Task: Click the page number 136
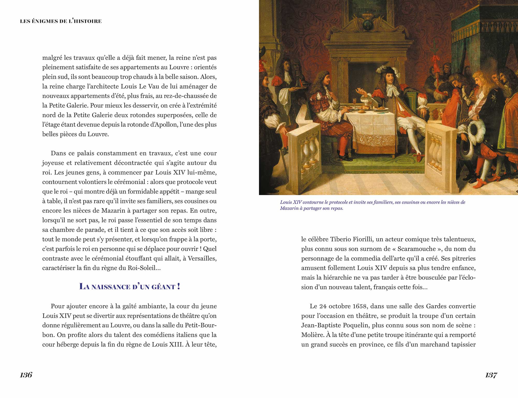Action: (26, 375)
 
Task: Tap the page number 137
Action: (491, 375)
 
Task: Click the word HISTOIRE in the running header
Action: (88, 21)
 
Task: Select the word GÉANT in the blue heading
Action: (163, 287)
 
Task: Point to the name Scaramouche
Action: (416, 249)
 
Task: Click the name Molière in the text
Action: (312, 335)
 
